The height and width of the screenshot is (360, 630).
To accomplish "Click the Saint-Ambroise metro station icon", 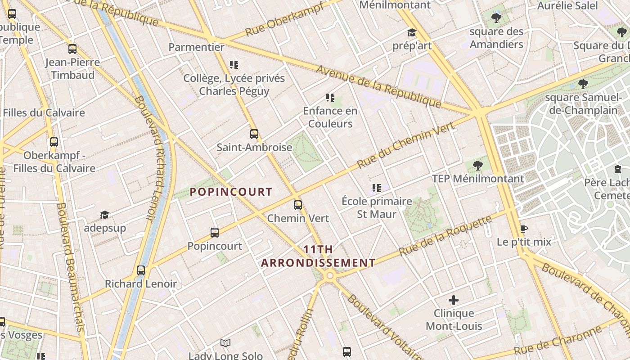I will coord(254,134).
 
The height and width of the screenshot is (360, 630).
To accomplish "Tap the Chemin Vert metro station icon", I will coord(298,205).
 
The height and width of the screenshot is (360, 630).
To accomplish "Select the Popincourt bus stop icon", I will coord(215,233).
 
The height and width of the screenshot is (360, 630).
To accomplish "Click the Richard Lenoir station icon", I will coord(141,270).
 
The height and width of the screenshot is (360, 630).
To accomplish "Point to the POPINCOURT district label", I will coord(231,192).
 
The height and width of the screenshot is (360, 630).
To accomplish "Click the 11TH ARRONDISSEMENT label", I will coord(318,256).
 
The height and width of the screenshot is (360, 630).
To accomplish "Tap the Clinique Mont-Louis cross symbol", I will coord(454,300).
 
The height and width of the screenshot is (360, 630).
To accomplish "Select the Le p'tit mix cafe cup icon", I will coord(523,229).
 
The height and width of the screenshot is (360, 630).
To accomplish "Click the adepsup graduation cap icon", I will coord(104,215).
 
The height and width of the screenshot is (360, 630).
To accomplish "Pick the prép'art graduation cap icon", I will coord(412,32).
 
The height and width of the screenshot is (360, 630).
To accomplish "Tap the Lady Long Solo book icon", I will coord(225,343).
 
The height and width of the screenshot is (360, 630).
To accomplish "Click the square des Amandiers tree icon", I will coord(496,18).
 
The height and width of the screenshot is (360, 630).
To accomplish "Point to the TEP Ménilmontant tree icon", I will coord(478,166).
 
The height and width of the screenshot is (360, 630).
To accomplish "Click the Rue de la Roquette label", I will coord(445,236).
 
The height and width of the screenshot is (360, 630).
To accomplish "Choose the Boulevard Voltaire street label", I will coord(385,328).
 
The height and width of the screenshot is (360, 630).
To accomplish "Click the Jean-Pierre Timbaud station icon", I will coord(72,49).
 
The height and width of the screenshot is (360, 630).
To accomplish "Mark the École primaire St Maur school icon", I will coord(377,188).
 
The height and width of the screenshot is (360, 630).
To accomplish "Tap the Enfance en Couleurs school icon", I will coord(330,97).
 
